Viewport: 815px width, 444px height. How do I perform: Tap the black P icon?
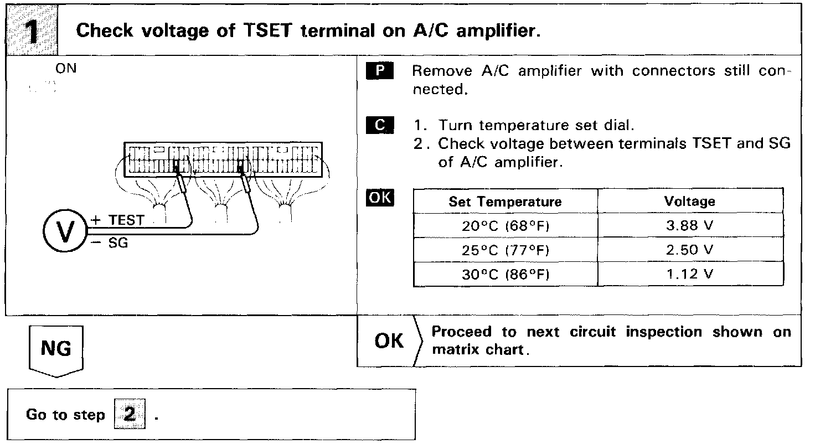[379, 71]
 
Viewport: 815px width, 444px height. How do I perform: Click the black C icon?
[379, 125]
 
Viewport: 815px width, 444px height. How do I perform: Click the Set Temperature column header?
[505, 202]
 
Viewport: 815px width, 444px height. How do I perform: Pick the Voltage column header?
[689, 202]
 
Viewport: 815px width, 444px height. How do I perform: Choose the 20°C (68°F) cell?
[505, 226]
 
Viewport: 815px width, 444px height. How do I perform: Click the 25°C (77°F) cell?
[505, 250]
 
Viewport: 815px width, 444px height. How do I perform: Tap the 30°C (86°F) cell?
[505, 275]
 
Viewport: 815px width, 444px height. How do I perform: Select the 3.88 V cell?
[689, 226]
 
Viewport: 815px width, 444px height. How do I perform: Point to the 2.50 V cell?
[689, 250]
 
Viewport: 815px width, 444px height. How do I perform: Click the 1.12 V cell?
[689, 275]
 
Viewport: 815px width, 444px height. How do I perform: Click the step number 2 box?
[129, 415]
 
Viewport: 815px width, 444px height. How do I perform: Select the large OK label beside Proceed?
[389, 341]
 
